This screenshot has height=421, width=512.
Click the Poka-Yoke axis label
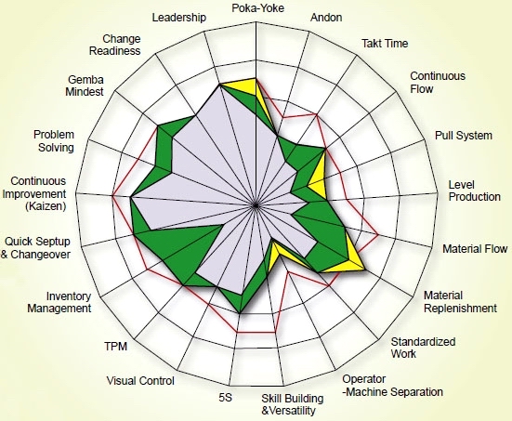(257, 8)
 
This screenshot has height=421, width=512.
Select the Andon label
(326, 18)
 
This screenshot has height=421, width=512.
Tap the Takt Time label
(385, 44)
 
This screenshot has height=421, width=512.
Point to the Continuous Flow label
(438, 83)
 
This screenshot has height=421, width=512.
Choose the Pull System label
(464, 136)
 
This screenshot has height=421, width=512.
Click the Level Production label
(475, 191)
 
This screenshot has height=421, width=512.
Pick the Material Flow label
(475, 249)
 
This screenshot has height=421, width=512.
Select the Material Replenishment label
(460, 302)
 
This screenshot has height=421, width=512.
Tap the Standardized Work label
(423, 348)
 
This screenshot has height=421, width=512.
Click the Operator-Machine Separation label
(392, 386)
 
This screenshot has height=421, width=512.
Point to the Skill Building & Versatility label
(293, 404)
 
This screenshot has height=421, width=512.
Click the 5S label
(225, 398)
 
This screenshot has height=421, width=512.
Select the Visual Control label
(140, 381)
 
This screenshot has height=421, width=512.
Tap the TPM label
(115, 347)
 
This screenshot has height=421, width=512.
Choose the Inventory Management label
(59, 302)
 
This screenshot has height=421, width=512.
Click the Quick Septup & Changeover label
(35, 248)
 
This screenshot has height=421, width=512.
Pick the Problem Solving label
(54, 141)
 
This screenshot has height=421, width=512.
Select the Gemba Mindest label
(85, 86)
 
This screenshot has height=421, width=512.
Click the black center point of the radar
(256, 205)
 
